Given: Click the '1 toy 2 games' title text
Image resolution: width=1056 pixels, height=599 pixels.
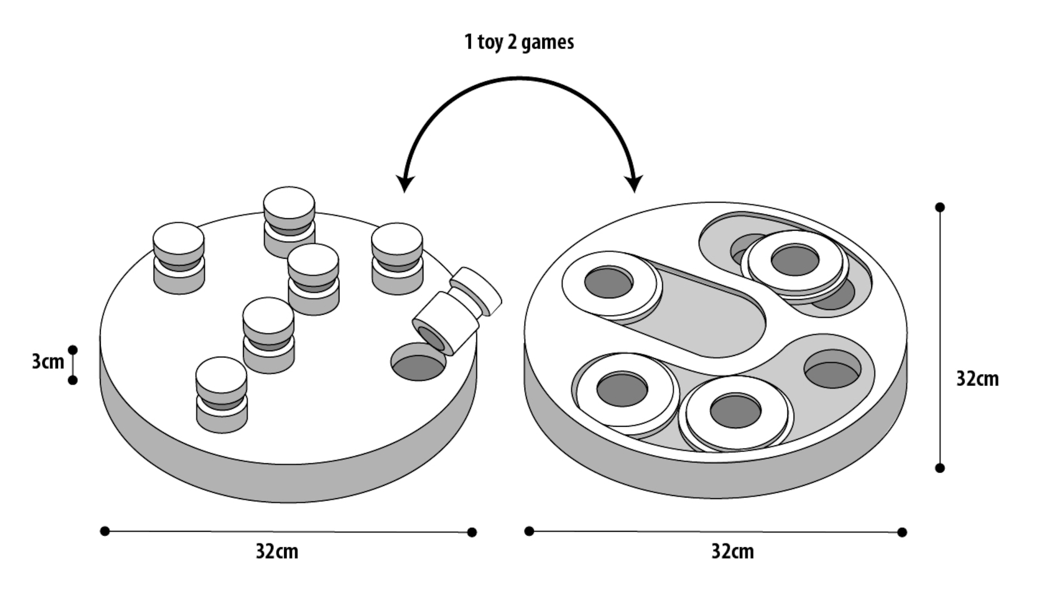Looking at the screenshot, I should tap(518, 42).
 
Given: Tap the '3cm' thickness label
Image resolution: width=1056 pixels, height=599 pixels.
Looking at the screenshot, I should tap(48, 362).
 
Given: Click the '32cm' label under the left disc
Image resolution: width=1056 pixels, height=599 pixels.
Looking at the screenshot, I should tap(277, 551).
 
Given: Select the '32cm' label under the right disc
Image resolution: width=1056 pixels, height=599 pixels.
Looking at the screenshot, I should tap(732, 551).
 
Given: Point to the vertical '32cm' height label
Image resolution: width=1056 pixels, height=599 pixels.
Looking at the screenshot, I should tap(977, 379).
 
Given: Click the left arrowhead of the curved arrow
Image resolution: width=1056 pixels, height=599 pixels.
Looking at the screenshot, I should tap(405, 183).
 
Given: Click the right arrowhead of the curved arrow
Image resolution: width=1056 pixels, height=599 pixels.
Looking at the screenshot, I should tap(634, 183).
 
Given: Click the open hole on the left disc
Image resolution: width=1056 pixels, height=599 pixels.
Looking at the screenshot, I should tap(418, 362).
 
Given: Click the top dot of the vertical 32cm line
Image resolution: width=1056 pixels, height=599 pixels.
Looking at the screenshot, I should tap(940, 207).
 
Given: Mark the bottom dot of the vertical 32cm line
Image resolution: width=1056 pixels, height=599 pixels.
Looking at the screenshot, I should tap(940, 468).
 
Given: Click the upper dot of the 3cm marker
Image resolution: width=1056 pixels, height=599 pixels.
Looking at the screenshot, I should tap(73, 350).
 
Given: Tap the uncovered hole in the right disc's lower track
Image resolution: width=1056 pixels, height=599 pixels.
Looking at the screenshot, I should tap(832, 369).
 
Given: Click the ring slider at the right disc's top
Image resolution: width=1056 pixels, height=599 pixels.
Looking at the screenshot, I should tap(795, 263).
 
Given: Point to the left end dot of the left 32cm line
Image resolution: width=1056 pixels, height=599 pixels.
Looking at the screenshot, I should tap(105, 531).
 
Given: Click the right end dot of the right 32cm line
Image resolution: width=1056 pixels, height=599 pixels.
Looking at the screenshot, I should tap(902, 532).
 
